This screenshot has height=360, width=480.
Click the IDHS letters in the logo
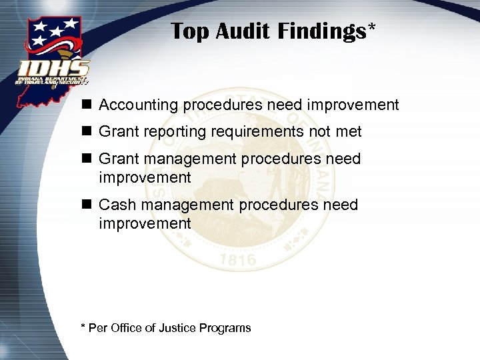(x=54, y=68)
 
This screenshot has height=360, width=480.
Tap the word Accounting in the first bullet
(x=139, y=105)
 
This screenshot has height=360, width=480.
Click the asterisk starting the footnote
(x=83, y=327)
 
